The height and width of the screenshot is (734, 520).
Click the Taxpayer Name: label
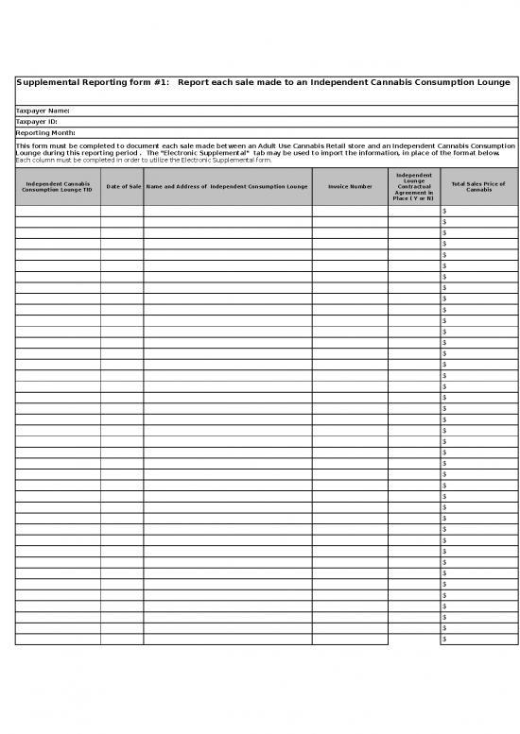43,111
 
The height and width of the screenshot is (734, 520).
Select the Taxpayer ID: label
37,122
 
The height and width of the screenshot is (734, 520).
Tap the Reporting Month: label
45,133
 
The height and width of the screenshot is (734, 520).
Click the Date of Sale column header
122,187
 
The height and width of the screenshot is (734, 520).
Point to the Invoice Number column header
350,187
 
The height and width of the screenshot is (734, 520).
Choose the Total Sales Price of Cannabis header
478,187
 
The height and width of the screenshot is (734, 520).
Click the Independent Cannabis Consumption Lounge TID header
58,187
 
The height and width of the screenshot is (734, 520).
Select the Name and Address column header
227,187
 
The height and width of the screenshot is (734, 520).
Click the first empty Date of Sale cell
122,212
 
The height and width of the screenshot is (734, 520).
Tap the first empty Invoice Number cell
350,212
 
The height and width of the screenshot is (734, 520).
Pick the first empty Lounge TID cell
58,212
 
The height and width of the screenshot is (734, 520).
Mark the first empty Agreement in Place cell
414,212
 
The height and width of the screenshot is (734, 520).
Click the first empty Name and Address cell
227,212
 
